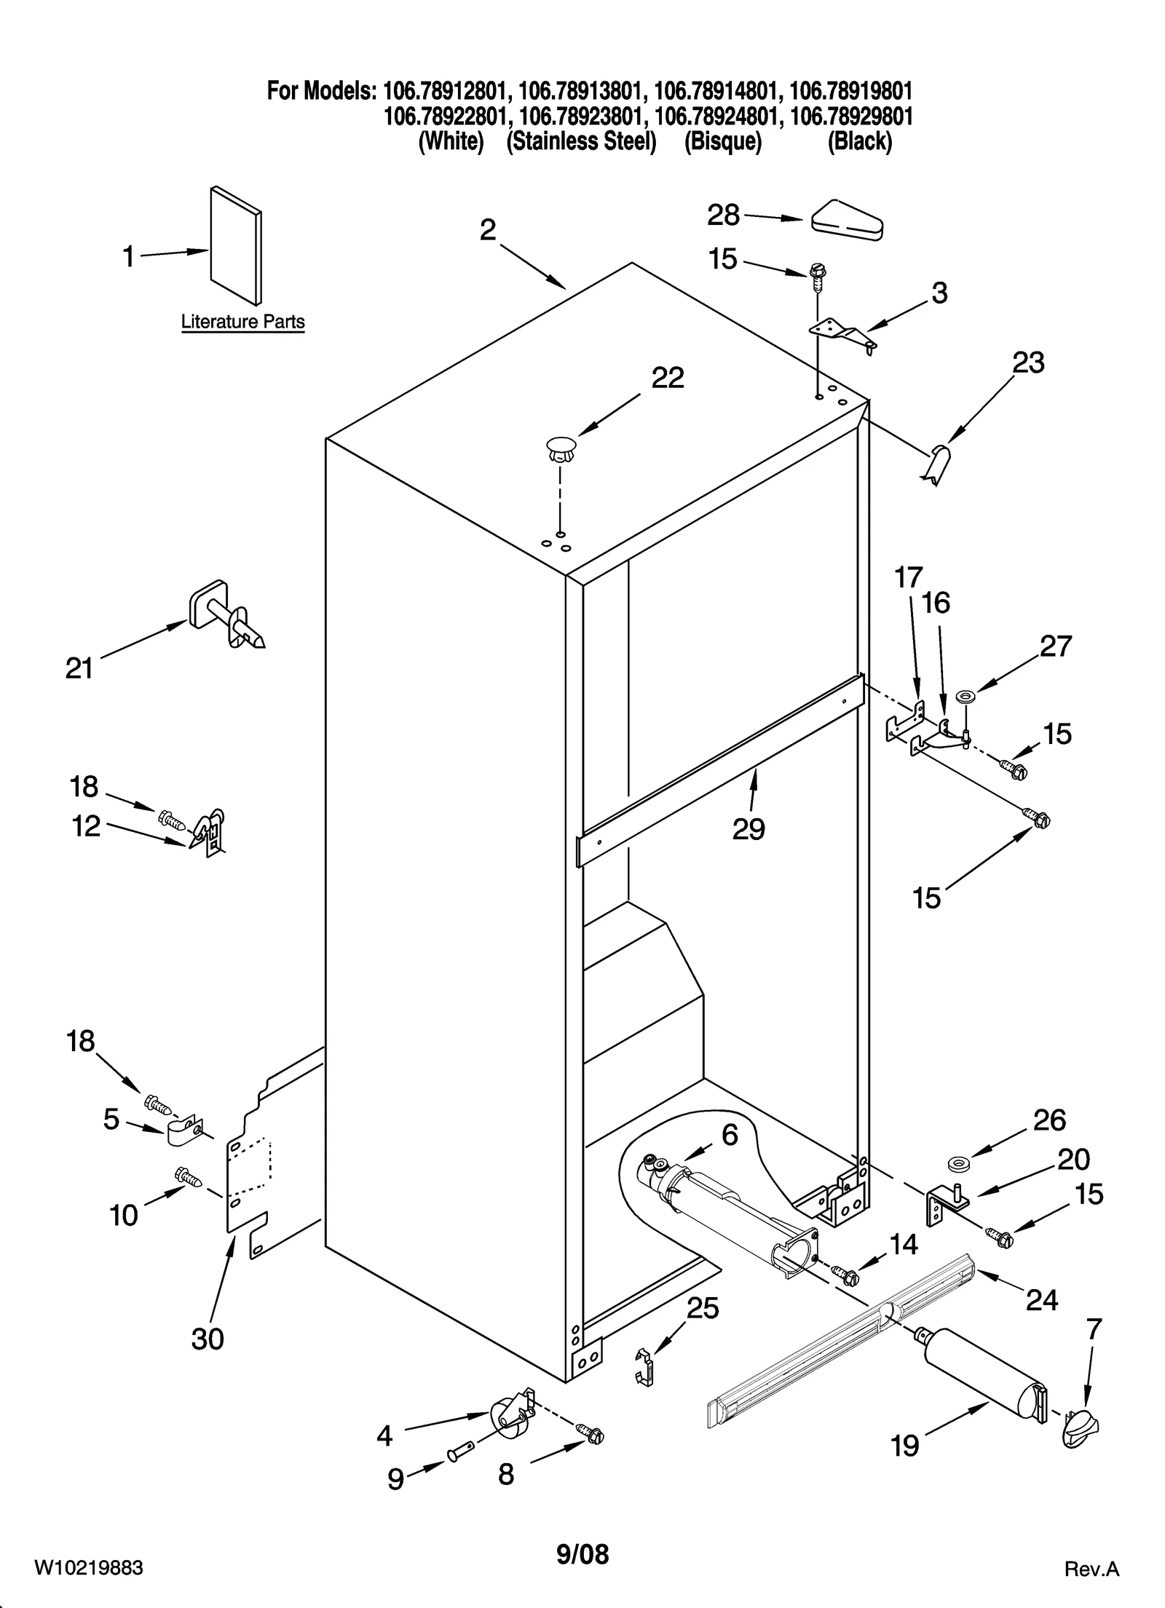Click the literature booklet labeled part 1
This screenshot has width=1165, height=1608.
[x=235, y=246]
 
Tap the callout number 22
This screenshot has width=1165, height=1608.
[x=667, y=378]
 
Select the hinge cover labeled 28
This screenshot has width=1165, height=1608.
[x=846, y=220]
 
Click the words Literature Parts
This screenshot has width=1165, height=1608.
[x=242, y=322]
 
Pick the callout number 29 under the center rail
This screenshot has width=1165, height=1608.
[x=749, y=828]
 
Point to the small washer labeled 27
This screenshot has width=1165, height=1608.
[x=968, y=697]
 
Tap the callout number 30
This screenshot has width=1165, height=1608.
[x=208, y=1338]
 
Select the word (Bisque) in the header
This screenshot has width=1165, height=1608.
[x=722, y=141]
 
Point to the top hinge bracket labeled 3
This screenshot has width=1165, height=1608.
[x=843, y=334]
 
